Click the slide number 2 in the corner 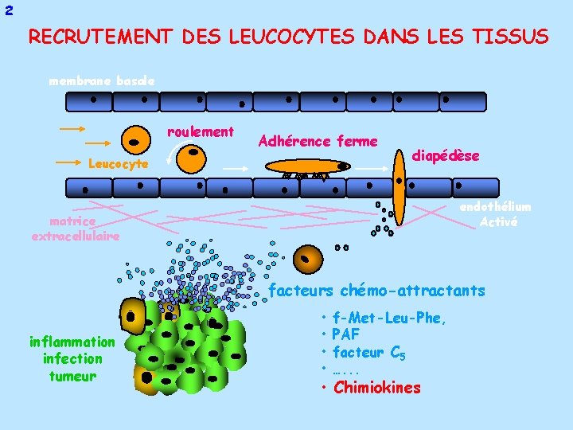(8, 10)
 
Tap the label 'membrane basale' (95, 81)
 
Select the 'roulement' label (201, 132)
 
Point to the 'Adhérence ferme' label (318, 142)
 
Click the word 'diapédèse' (446, 156)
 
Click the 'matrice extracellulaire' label (76, 229)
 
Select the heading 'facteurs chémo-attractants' (376, 291)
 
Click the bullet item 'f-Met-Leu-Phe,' (389, 319)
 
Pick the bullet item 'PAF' (346, 334)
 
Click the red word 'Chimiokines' (377, 388)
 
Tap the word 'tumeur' (72, 376)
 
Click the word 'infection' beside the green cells (72, 359)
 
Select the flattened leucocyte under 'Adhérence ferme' (306, 166)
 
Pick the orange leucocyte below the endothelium (308, 259)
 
